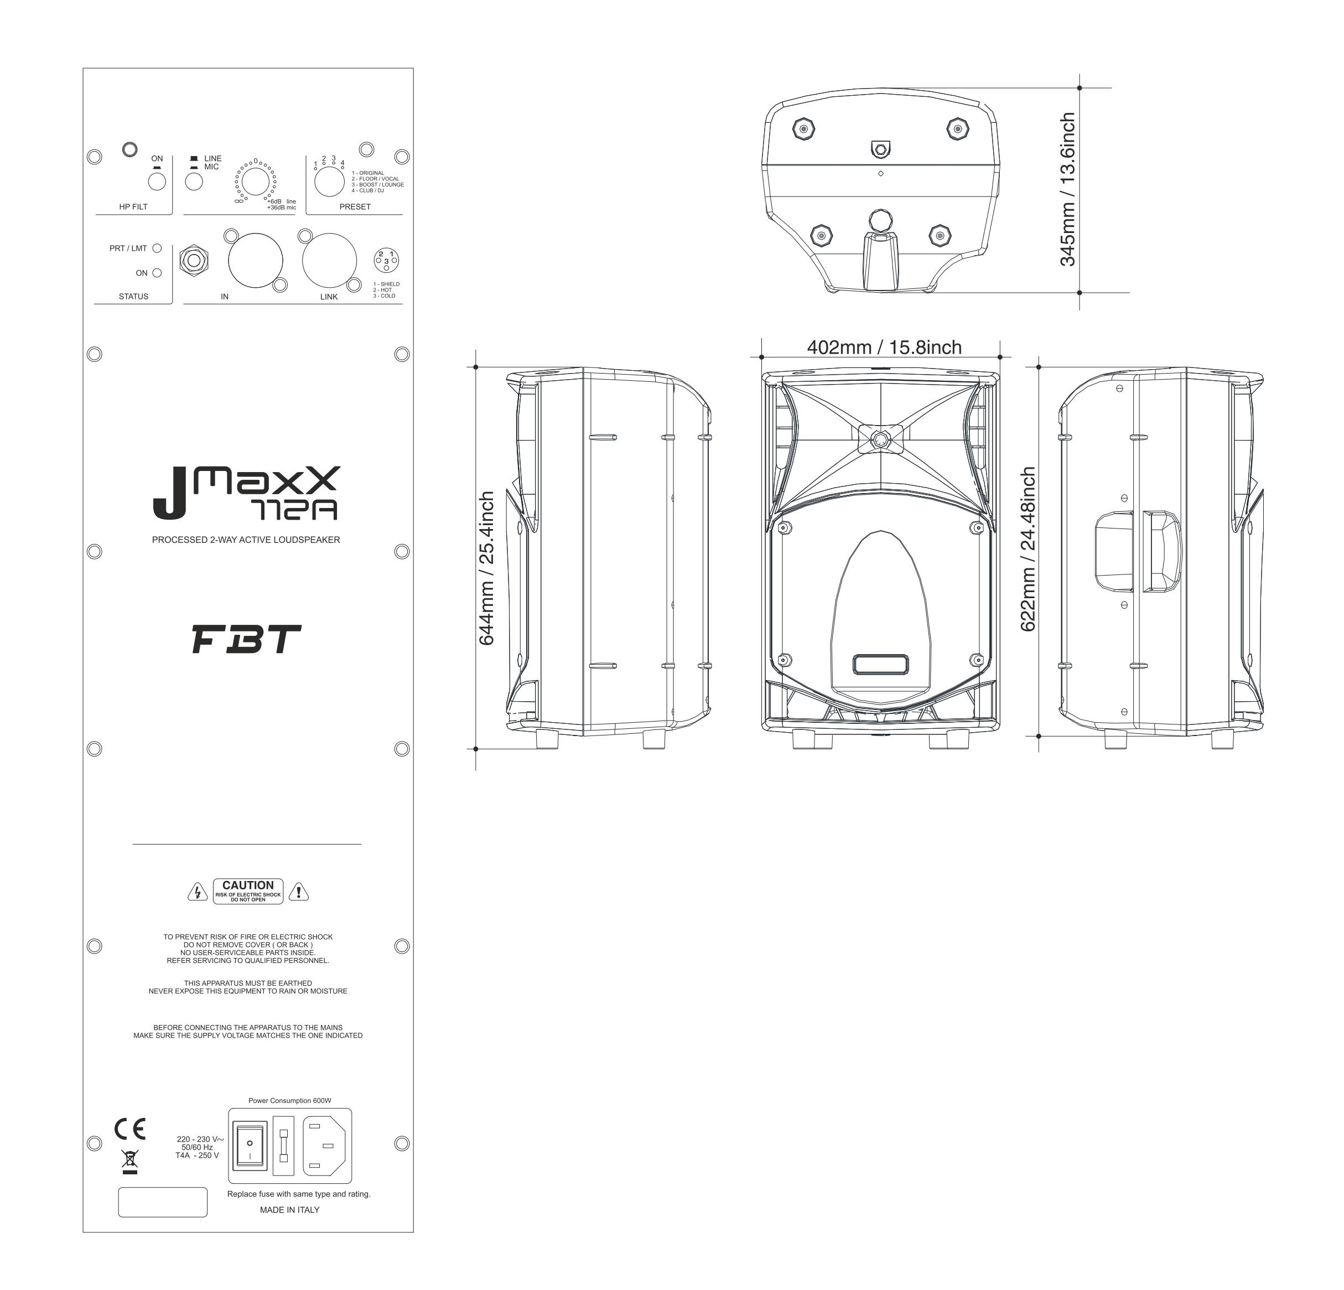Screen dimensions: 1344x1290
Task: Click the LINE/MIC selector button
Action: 194,182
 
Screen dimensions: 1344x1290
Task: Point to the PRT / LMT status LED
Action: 157,248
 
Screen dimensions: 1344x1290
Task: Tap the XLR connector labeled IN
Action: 255,260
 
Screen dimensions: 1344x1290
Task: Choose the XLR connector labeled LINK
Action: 330,260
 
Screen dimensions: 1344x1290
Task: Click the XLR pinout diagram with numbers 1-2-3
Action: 386,260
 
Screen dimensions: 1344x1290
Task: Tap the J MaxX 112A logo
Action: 246,493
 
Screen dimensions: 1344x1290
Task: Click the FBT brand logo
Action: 246,639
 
